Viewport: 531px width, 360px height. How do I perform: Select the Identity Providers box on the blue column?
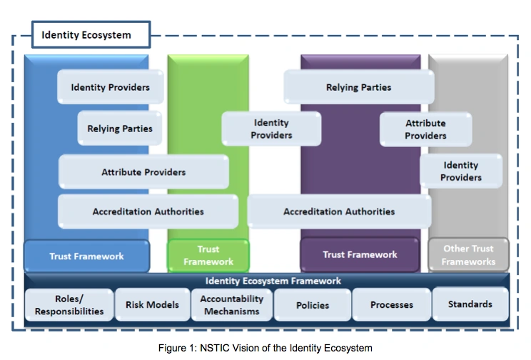click(x=111, y=87)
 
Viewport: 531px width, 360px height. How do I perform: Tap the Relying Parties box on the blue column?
click(x=120, y=129)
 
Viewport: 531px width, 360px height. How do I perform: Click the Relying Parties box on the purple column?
click(x=358, y=87)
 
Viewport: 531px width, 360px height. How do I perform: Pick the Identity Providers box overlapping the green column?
click(x=271, y=129)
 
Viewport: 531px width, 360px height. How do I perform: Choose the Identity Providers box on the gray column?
click(x=460, y=171)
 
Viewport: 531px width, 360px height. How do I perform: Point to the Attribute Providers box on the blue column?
click(x=143, y=172)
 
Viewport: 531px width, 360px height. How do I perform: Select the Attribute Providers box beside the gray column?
click(x=425, y=129)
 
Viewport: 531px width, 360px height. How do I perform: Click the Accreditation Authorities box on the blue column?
click(x=148, y=211)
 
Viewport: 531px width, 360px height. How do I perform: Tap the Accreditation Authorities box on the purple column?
click(x=339, y=211)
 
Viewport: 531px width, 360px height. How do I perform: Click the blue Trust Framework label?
click(x=86, y=256)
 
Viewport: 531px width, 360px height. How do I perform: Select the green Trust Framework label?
click(x=208, y=256)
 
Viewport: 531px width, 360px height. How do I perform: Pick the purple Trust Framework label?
click(x=360, y=254)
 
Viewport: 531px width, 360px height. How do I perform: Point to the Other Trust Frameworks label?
click(x=468, y=255)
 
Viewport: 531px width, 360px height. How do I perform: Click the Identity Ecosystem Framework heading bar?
click(x=273, y=281)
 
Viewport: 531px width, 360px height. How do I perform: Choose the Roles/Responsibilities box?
click(x=69, y=305)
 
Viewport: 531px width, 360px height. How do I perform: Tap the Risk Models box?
click(x=152, y=305)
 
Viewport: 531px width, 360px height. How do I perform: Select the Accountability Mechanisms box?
click(x=232, y=305)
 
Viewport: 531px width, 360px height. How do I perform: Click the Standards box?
click(x=470, y=304)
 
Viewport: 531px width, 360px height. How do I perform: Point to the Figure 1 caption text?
click(x=265, y=348)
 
